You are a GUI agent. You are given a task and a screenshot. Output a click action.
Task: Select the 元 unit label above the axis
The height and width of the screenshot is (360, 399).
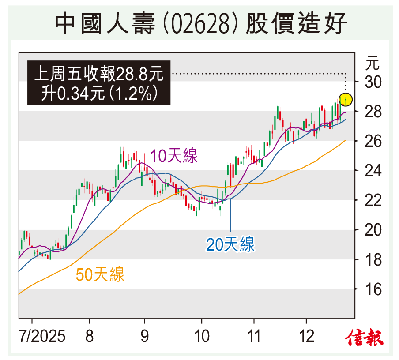pyautogui.click(x=372, y=63)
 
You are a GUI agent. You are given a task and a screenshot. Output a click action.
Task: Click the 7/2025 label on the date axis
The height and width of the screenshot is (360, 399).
pyautogui.click(x=42, y=337)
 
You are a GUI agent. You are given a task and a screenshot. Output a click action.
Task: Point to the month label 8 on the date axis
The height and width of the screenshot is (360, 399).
pyautogui.click(x=90, y=337)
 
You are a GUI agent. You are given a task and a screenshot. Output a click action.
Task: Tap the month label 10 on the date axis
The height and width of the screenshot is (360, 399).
pyautogui.click(x=201, y=337)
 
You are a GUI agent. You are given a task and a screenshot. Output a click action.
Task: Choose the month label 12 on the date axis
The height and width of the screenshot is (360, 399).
pyautogui.click(x=306, y=337)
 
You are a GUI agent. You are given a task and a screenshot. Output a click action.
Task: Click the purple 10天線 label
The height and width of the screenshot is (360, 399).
pyautogui.click(x=174, y=156)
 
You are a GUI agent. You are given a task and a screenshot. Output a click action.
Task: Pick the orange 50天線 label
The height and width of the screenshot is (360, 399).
pyautogui.click(x=100, y=274)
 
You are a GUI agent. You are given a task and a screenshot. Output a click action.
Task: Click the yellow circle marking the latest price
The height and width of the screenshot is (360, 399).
pyautogui.click(x=346, y=99)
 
